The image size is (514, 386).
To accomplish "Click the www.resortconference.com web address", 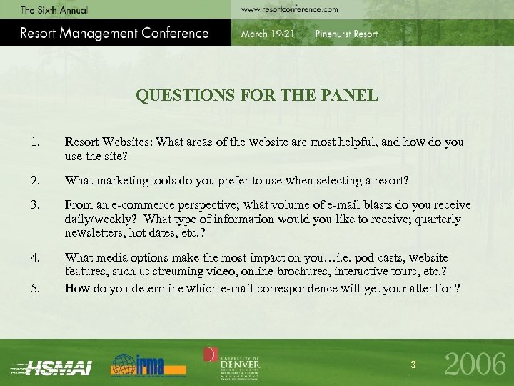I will click(289, 9).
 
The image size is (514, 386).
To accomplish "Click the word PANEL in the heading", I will click(350, 96).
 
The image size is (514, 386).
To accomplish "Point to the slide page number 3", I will click(413, 365).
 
